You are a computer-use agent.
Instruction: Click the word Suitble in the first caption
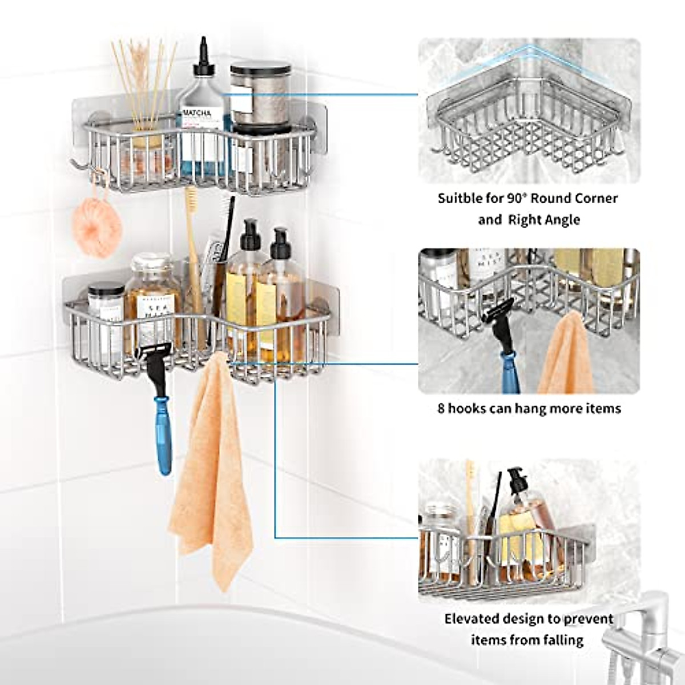pyautogui.click(x=460, y=199)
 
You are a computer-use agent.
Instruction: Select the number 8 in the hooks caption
pyautogui.click(x=441, y=409)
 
